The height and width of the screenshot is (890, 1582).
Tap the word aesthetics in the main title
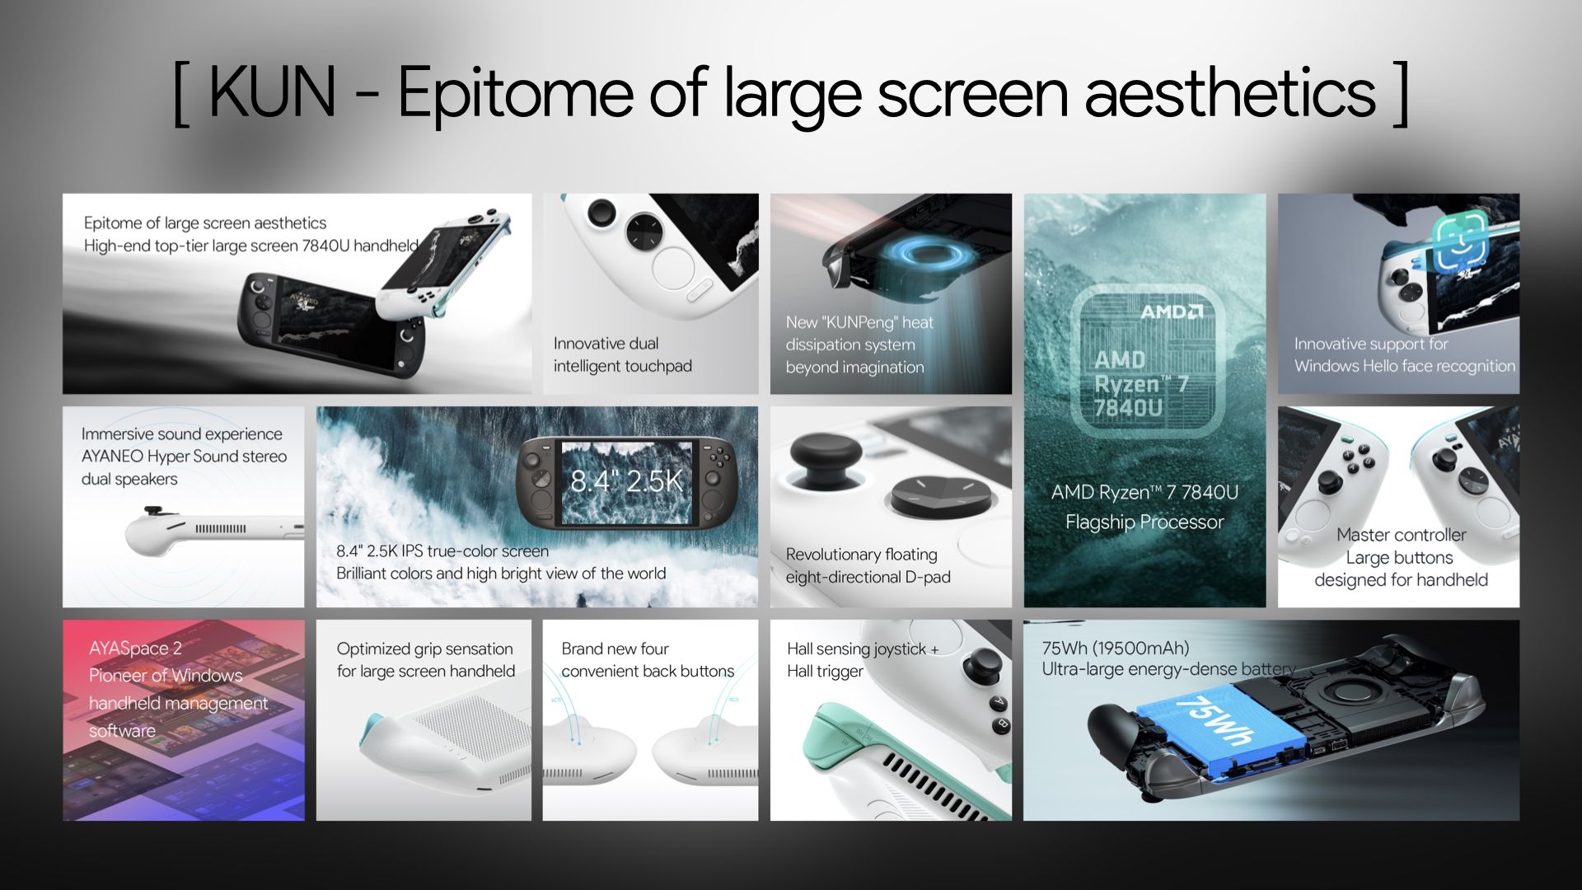click(1230, 91)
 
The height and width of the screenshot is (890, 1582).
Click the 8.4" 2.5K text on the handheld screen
click(627, 480)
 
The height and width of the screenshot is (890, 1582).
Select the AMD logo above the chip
click(1172, 311)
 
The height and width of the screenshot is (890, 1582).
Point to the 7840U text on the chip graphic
click(1128, 407)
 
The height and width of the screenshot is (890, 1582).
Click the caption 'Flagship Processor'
click(1144, 522)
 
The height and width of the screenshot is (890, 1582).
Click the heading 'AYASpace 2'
click(135, 649)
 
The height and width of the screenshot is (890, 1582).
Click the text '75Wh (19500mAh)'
click(1116, 648)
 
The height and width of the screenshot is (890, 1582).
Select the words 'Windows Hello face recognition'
click(1405, 366)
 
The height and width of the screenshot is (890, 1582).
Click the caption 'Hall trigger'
click(825, 672)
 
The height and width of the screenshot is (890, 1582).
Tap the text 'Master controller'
click(1402, 535)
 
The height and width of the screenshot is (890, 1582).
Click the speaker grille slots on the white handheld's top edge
click(220, 528)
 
